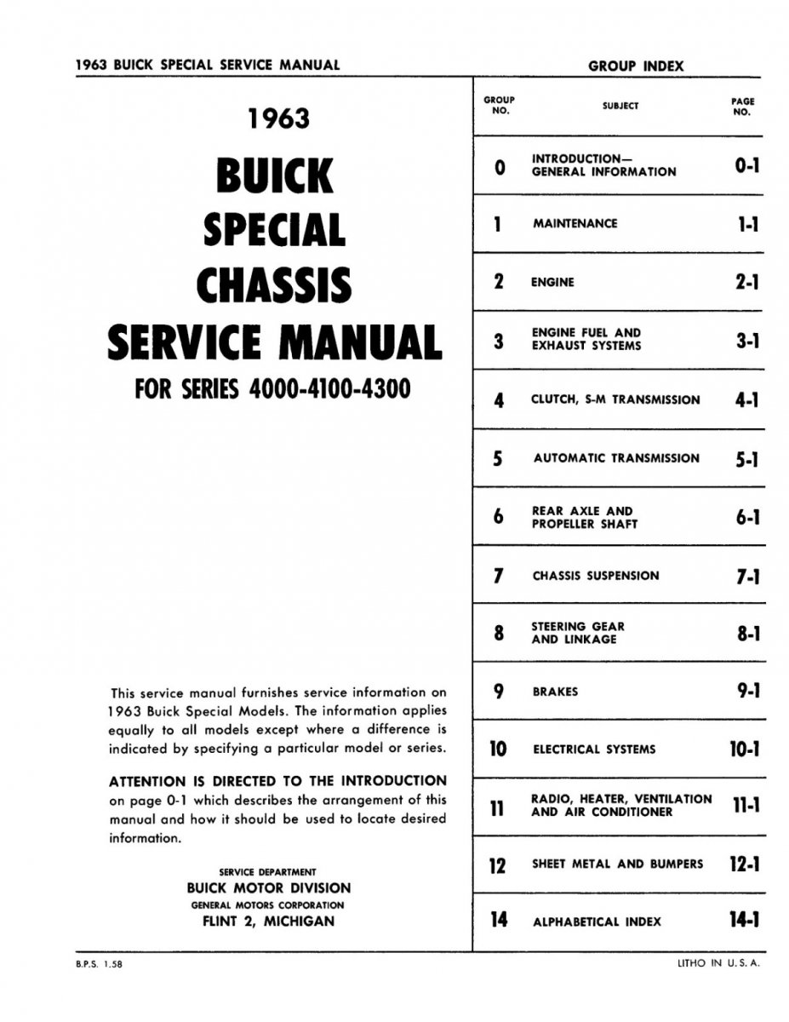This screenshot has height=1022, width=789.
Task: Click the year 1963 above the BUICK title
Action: [x=278, y=118]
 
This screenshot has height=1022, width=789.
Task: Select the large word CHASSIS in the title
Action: [x=273, y=285]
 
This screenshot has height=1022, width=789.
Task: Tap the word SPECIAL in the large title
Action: [x=273, y=230]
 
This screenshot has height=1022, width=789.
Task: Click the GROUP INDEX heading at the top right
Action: [x=635, y=66]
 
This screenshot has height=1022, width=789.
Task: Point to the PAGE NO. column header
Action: [x=742, y=106]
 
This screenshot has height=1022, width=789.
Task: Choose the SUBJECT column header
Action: [x=620, y=106]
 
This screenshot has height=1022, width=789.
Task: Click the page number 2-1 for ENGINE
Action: [x=746, y=283]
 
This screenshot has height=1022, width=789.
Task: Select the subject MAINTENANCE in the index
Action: [x=575, y=224]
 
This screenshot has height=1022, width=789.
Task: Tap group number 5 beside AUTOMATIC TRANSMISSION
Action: [x=498, y=459]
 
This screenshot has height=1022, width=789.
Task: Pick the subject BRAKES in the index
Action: [x=555, y=692]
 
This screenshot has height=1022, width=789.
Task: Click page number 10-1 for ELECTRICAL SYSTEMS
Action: [x=744, y=749]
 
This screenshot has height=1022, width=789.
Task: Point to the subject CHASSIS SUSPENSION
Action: [x=595, y=576]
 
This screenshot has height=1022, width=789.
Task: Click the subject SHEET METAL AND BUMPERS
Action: [x=617, y=864]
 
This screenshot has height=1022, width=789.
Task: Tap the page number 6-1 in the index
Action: [x=746, y=518]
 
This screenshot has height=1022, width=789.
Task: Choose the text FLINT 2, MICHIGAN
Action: [x=268, y=921]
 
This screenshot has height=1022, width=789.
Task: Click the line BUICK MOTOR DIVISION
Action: [x=268, y=888]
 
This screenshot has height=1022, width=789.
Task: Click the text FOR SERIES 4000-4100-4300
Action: [x=272, y=388]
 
